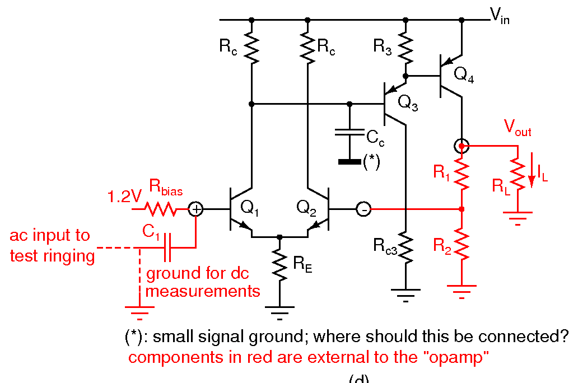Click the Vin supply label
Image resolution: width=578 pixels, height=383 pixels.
[x=500, y=18]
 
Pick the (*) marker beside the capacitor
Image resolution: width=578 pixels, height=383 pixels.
[x=372, y=162]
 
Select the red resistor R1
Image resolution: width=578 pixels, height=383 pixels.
[x=462, y=174]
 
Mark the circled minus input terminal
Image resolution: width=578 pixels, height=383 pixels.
[x=363, y=209]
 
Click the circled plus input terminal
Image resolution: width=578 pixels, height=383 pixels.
[x=195, y=209]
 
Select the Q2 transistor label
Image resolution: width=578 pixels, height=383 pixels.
[x=307, y=208]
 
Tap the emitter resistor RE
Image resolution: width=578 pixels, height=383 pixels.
[x=279, y=266]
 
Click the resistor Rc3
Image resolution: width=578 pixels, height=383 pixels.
[x=405, y=246]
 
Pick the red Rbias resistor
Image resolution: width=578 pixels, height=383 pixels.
[x=160, y=209]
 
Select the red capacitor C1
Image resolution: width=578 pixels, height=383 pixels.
[x=167, y=247]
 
